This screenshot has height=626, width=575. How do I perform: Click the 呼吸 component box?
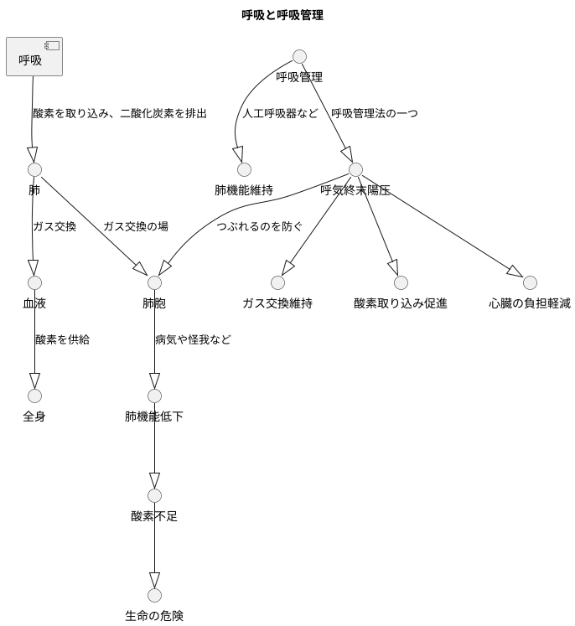coord(34,56)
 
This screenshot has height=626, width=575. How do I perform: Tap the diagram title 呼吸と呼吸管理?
coord(282,15)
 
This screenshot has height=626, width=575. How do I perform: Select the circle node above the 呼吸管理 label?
coord(299,56)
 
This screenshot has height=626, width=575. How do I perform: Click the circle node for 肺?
coord(34,169)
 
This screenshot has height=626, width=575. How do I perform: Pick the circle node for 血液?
coord(34,282)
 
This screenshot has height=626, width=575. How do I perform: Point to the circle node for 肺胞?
coord(154,282)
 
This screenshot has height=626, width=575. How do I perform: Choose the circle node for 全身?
coord(34,396)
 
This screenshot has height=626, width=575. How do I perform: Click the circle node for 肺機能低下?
coord(154,396)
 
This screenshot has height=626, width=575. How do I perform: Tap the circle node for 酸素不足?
coord(154,495)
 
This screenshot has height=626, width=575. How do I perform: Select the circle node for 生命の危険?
coord(154,595)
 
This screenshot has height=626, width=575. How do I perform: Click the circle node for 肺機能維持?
coord(244,169)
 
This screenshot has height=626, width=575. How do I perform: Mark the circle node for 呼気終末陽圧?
coord(355,169)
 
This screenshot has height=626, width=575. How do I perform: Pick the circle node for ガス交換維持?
coord(277,282)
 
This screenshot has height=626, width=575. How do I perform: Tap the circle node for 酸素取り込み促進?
coord(401,282)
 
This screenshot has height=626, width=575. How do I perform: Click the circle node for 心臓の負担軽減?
coord(530,282)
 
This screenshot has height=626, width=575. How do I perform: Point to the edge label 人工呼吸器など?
coord(281,113)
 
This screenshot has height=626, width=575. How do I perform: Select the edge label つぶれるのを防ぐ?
coord(260,226)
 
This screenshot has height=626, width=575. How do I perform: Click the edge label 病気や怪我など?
coord(193,339)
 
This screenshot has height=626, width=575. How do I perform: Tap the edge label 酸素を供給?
coord(62,339)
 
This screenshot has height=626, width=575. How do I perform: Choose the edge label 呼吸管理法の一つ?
coord(375,113)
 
